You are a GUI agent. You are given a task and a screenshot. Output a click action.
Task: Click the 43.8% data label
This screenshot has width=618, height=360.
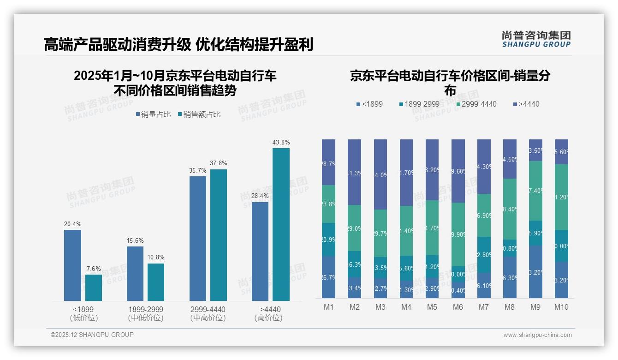[281, 143]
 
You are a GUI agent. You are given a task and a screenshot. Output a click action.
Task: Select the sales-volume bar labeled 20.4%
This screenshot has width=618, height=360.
[72, 265]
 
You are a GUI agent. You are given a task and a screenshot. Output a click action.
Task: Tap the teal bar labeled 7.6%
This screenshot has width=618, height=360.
[94, 288]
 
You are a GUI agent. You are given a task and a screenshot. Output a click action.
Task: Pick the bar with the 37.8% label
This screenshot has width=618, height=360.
[219, 235]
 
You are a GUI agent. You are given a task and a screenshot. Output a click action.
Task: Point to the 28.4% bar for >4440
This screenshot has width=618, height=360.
[260, 252]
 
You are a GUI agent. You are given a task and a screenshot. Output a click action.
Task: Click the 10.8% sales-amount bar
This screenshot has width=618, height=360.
[156, 282]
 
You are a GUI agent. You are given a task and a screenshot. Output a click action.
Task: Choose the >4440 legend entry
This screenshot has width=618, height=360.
[526, 104]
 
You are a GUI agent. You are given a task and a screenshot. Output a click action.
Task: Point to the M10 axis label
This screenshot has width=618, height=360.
[561, 307]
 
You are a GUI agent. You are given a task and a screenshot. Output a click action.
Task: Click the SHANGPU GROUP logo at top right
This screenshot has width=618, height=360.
[536, 39]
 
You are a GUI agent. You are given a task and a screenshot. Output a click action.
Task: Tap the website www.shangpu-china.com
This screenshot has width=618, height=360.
[537, 335]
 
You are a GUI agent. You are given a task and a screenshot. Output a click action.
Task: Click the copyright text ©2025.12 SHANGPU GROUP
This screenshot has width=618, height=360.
[92, 335]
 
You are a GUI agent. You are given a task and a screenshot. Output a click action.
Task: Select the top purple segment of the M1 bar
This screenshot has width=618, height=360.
[328, 162]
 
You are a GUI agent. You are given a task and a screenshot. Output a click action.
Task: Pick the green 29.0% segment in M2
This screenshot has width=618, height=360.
[354, 228]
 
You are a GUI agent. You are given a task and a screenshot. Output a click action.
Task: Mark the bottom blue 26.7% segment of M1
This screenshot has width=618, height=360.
[328, 277]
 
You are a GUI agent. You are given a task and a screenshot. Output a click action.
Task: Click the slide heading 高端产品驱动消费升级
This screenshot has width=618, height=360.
[117, 45]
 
